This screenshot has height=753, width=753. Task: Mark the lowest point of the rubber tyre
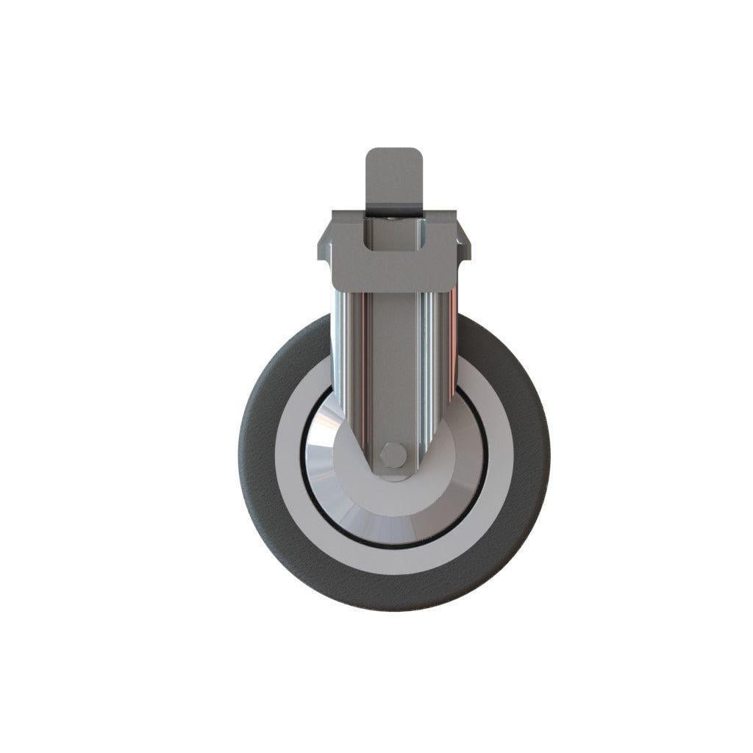[394, 609]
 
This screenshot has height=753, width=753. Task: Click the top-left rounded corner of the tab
[370, 153]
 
